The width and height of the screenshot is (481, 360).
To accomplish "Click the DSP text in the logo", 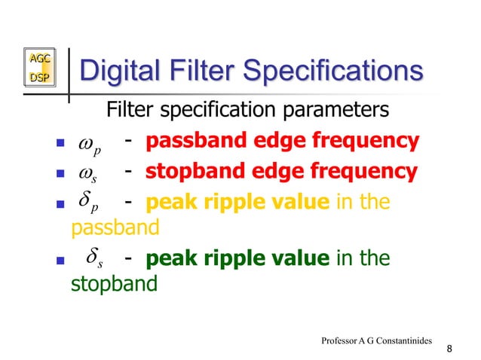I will (38, 78).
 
